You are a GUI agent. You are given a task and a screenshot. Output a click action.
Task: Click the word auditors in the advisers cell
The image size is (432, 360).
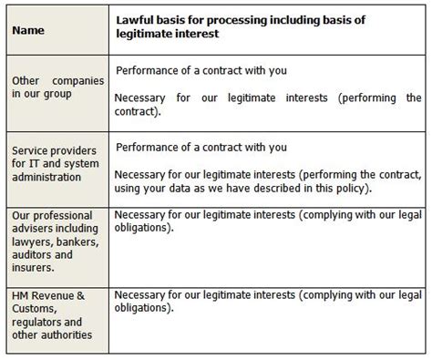(32, 254)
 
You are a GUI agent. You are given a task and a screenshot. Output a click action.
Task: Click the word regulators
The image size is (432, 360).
(34, 322)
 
